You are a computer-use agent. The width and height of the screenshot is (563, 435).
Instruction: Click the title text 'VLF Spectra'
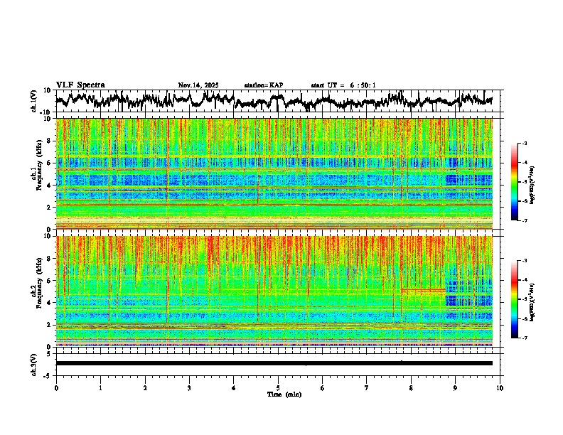pos(80,85)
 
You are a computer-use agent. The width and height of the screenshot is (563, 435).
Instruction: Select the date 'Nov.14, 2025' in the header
pos(198,85)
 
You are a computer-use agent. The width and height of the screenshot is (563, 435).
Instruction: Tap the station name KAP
pos(264,85)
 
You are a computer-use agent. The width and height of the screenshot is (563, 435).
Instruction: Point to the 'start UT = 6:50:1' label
pos(343,85)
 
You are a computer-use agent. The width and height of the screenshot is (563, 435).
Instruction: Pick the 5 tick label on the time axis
pos(278,387)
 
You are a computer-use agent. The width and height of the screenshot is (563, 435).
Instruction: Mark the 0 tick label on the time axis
pos(56,387)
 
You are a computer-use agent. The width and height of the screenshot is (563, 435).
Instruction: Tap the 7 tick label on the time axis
pos(367,387)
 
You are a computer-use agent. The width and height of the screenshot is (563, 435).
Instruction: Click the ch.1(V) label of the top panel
pos(34,101)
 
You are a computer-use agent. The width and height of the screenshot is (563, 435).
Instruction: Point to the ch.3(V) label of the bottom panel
pos(34,363)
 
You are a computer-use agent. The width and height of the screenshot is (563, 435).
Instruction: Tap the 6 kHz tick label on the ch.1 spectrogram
pos(50,163)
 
